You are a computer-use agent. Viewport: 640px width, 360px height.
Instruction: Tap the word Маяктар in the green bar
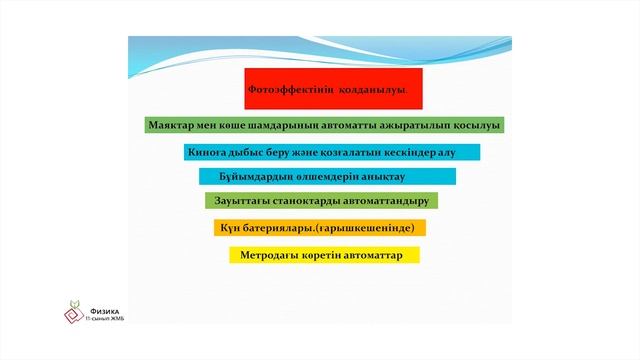click(x=171, y=126)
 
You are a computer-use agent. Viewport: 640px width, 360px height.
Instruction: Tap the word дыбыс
click(x=252, y=153)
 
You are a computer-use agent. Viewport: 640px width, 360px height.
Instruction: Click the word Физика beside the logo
click(x=103, y=310)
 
